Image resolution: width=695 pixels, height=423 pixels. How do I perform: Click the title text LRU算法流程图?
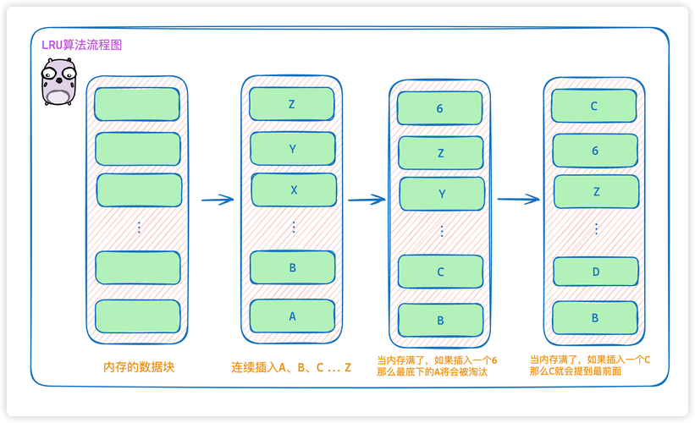point(82,46)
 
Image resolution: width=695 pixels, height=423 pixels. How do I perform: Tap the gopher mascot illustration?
point(58,83)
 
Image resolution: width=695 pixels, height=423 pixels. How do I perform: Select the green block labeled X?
point(293,190)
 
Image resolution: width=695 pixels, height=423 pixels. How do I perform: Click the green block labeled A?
point(292,316)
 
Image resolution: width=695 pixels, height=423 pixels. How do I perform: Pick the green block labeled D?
point(595,272)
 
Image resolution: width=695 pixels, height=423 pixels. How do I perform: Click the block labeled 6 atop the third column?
point(440,108)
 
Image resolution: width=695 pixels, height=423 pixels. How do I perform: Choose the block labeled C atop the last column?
point(594,106)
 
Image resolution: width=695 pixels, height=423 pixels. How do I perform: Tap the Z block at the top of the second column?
point(291,104)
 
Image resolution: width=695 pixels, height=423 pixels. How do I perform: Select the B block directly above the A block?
point(292,267)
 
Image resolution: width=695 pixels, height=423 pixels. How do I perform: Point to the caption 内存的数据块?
point(139,367)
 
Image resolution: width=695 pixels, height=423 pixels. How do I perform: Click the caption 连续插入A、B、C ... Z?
point(290,367)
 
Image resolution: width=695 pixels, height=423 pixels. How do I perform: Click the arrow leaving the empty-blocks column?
point(217,201)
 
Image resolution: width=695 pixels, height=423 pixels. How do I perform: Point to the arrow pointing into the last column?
point(518,200)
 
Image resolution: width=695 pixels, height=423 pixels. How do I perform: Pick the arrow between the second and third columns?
point(366,200)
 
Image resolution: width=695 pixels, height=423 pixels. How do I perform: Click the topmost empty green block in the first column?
point(137,105)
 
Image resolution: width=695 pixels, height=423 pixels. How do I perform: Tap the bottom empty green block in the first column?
point(138,316)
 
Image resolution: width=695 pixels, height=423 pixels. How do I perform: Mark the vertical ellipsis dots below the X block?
point(294,227)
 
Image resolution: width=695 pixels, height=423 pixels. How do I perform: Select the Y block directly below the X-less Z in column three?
point(441,194)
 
